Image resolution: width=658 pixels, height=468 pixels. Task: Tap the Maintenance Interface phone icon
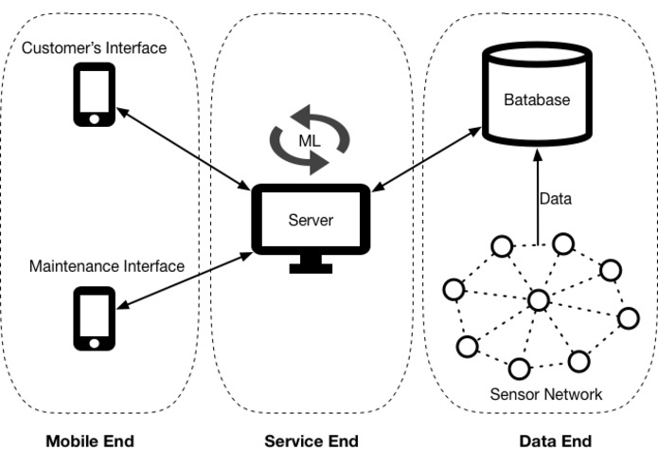pyautogui.click(x=94, y=317)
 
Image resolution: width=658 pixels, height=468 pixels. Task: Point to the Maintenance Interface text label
pyautogui.click(x=106, y=266)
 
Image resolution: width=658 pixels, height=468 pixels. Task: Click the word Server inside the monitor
pyautogui.click(x=311, y=221)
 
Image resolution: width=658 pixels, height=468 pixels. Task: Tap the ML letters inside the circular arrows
pyautogui.click(x=311, y=140)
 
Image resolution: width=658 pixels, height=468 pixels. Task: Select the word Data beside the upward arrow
pyautogui.click(x=556, y=200)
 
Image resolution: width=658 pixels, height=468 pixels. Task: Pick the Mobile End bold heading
pyautogui.click(x=90, y=441)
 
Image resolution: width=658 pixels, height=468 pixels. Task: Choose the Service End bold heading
pyautogui.click(x=311, y=441)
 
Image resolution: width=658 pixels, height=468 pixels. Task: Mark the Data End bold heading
pyautogui.click(x=555, y=441)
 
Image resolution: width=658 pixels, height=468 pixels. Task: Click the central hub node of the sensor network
pyautogui.click(x=538, y=300)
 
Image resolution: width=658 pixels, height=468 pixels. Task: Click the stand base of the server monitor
pyautogui.click(x=311, y=268)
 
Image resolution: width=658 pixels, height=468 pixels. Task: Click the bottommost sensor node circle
pyautogui.click(x=518, y=367)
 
